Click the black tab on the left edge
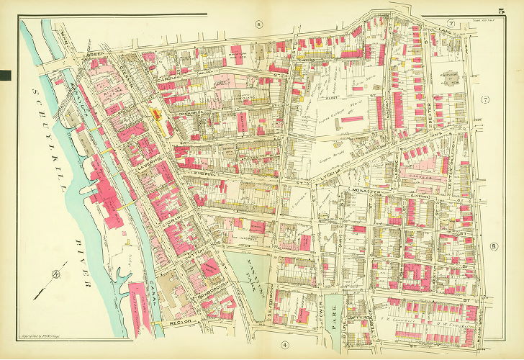(5, 75)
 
